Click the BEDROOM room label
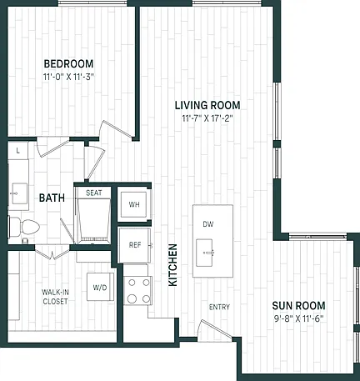click(x=68, y=63)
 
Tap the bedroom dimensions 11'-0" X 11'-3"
click(x=68, y=77)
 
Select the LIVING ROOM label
click(x=207, y=105)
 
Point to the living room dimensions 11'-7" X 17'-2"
click(x=207, y=118)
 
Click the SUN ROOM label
click(x=298, y=306)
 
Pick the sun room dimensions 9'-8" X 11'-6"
click(x=298, y=318)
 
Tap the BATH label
click(x=52, y=198)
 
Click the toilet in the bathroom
click(x=24, y=227)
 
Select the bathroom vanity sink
click(x=19, y=193)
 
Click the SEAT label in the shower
click(x=94, y=193)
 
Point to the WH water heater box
click(x=134, y=205)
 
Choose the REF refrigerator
click(x=135, y=245)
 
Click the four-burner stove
click(x=137, y=291)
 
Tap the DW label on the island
click(x=208, y=224)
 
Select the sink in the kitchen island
click(x=204, y=253)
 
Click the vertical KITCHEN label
click(x=172, y=265)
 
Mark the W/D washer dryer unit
click(x=100, y=287)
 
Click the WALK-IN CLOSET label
click(x=55, y=297)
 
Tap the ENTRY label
click(x=219, y=307)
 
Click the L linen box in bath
click(x=18, y=151)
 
